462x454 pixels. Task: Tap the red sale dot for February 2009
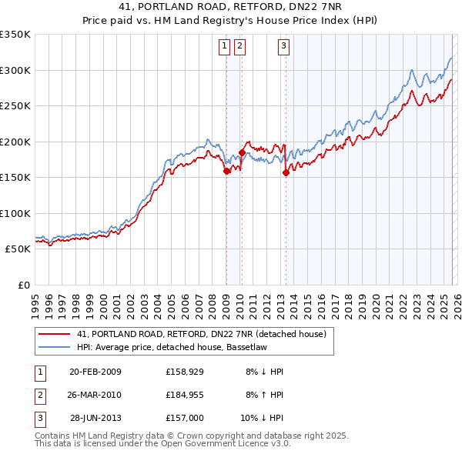tap(227, 172)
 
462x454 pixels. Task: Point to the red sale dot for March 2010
tap(242, 153)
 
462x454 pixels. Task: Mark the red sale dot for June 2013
tap(286, 172)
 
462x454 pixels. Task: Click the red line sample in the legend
tap(54, 335)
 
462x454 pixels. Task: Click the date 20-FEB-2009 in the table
tap(95, 372)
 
